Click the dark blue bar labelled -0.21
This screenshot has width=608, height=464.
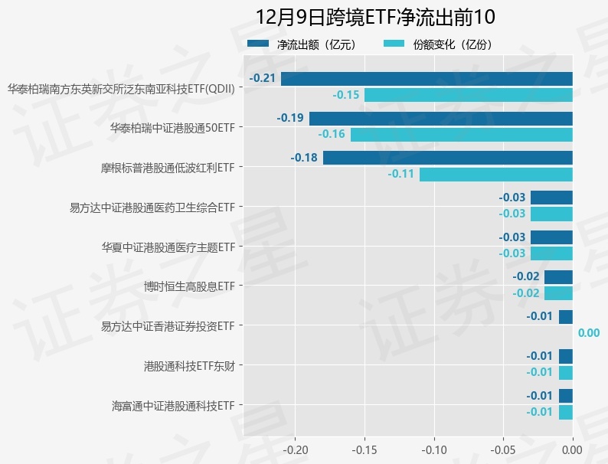click(x=427, y=78)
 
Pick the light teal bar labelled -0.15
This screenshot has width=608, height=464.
click(x=468, y=95)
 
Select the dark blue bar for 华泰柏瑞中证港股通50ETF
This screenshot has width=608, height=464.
click(x=440, y=118)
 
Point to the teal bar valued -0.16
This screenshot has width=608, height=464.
click(x=461, y=135)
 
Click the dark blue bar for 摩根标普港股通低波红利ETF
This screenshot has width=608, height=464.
click(x=447, y=158)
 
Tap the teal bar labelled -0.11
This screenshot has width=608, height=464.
click(x=495, y=175)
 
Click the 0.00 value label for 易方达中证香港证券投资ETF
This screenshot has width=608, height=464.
click(x=588, y=333)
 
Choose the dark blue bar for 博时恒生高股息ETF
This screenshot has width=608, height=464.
click(x=558, y=276)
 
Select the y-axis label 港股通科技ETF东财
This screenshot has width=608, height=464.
click(x=189, y=365)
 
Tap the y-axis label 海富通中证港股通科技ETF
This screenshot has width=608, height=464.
click(x=172, y=405)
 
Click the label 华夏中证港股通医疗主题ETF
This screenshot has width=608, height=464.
click(x=168, y=247)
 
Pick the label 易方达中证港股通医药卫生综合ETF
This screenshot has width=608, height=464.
click(x=152, y=207)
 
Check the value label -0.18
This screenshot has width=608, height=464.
click(x=304, y=158)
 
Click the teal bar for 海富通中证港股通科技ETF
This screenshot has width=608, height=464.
click(x=565, y=413)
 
